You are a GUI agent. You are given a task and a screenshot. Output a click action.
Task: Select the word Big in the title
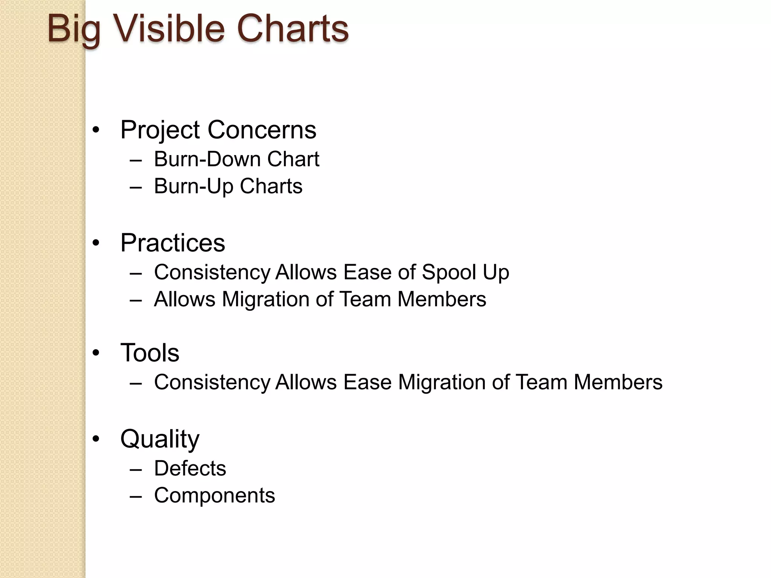[74, 29]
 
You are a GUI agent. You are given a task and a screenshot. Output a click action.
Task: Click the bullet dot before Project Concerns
[96, 130]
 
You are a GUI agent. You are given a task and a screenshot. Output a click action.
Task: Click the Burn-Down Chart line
[236, 159]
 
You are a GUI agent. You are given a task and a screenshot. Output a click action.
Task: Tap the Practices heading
[173, 243]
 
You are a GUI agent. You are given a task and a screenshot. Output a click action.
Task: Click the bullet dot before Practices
[96, 243]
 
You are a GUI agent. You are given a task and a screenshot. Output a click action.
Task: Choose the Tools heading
[150, 353]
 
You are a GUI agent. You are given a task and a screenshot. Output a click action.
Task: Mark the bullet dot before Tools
[96, 353]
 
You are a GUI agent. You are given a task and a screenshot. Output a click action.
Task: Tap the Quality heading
[160, 439]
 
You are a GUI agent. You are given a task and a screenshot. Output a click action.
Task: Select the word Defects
[190, 468]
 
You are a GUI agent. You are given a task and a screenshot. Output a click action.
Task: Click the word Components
[215, 496]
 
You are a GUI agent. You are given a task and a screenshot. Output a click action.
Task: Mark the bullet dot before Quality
[96, 439]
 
